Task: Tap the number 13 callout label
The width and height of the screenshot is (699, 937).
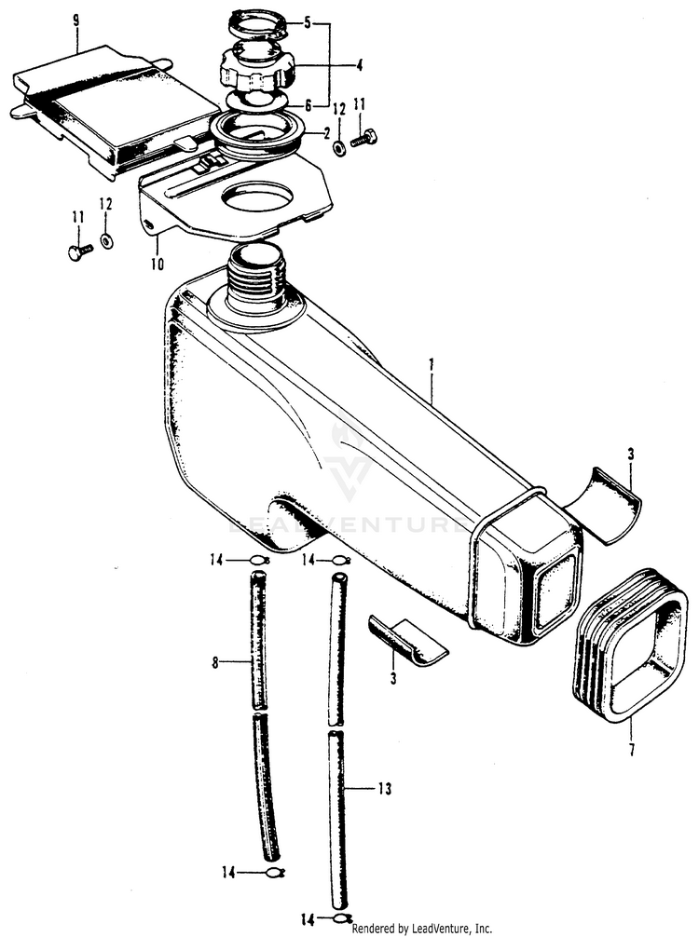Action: tap(383, 789)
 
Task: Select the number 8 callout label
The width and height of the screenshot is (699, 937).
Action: tap(215, 663)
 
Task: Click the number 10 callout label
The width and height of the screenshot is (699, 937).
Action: tap(158, 265)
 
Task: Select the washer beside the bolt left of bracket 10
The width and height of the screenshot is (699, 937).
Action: tap(106, 240)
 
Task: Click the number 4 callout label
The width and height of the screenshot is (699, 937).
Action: tap(333, 65)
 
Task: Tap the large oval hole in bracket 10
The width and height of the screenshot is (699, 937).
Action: tap(257, 197)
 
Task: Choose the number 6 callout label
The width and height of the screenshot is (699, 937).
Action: tap(308, 105)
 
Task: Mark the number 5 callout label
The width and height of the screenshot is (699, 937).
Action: tap(308, 20)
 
